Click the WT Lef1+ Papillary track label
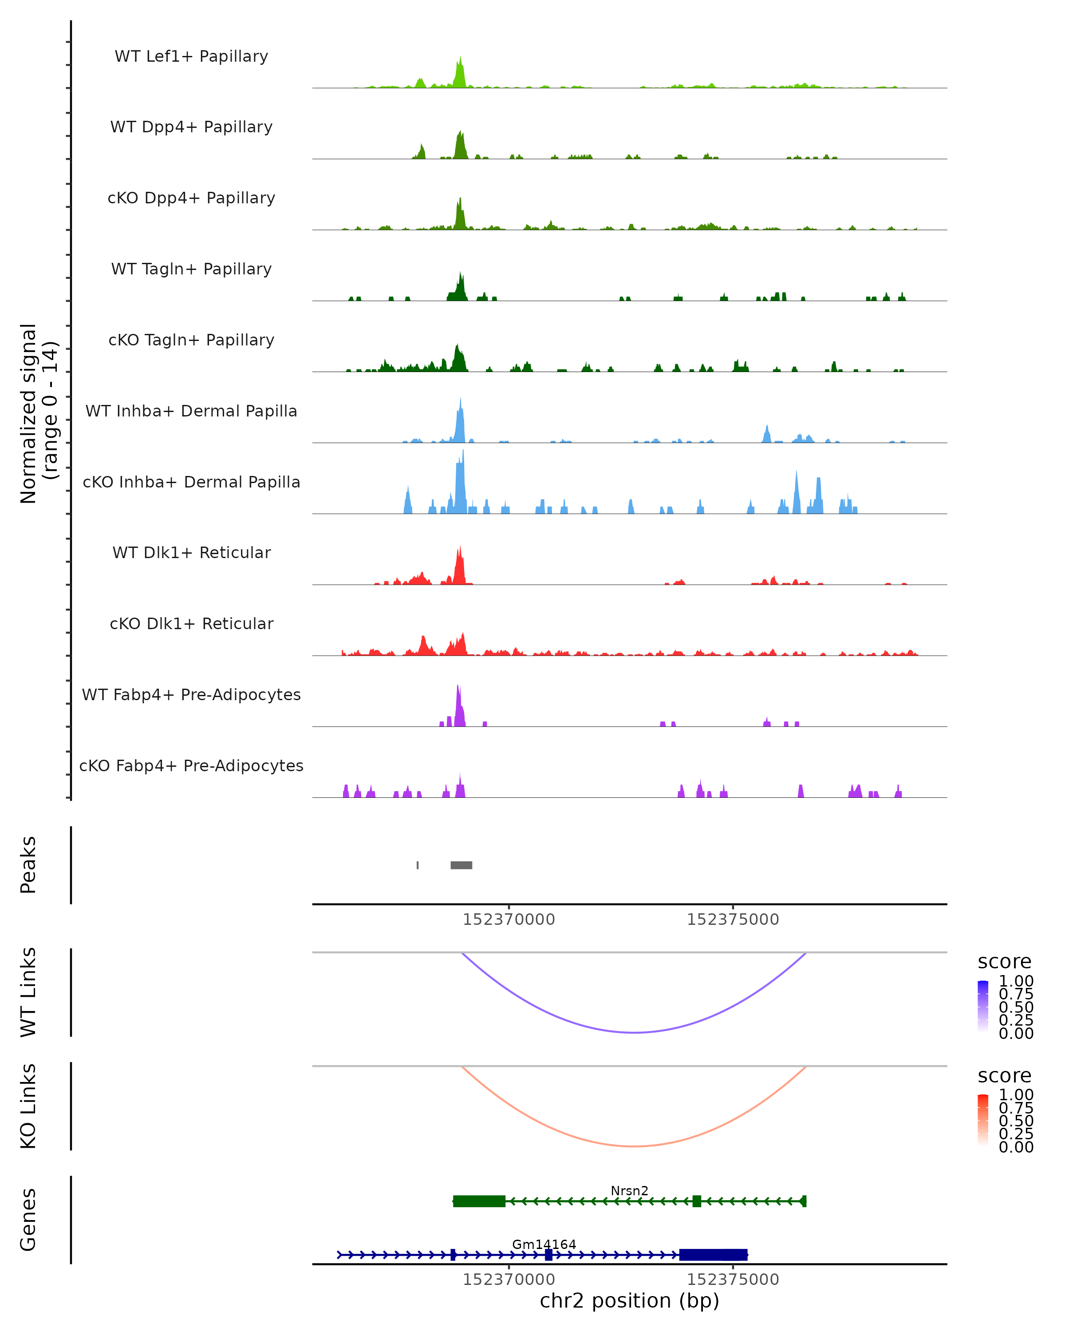pyautogui.click(x=191, y=56)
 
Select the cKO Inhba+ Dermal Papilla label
pyautogui.click(x=191, y=482)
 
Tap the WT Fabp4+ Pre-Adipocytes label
pyautogui.click(x=191, y=694)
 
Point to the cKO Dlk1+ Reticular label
pyautogui.click(x=191, y=623)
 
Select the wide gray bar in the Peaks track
pyautogui.click(x=461, y=865)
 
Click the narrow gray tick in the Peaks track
pyautogui.click(x=418, y=865)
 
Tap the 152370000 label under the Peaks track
pyautogui.click(x=509, y=920)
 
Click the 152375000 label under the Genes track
pyautogui.click(x=733, y=1280)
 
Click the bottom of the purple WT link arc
pyautogui.click(x=634, y=1032)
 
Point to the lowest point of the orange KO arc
pyautogui.click(x=634, y=1146)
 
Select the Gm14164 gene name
pyautogui.click(x=544, y=1244)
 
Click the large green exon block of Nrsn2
pyautogui.click(x=479, y=1201)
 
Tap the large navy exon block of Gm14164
pyautogui.click(x=713, y=1255)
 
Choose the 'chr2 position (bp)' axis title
pyautogui.click(x=629, y=1300)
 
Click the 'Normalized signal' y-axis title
pyautogui.click(x=29, y=413)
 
